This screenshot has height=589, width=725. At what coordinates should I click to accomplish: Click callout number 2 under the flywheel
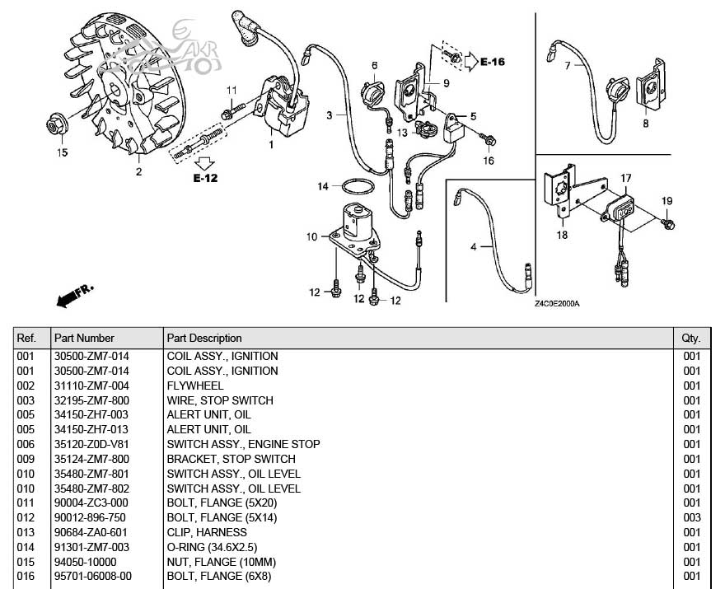pyautogui.click(x=138, y=171)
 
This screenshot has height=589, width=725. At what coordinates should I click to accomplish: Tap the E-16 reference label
pyautogui.click(x=492, y=62)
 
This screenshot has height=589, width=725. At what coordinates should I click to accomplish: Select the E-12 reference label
pyautogui.click(x=205, y=177)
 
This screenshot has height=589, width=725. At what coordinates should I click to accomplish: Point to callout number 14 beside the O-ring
pyautogui.click(x=324, y=187)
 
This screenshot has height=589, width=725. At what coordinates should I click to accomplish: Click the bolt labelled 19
pyautogui.click(x=669, y=222)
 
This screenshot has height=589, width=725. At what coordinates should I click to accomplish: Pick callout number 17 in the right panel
pyautogui.click(x=626, y=178)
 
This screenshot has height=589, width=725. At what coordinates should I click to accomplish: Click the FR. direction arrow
pyautogui.click(x=73, y=296)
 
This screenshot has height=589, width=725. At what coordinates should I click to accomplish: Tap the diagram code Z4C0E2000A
pyautogui.click(x=557, y=303)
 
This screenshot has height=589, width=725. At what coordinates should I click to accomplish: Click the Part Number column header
pyautogui.click(x=84, y=338)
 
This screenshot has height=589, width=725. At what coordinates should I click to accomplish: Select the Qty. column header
pyautogui.click(x=690, y=338)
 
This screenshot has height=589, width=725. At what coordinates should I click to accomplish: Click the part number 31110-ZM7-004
pyautogui.click(x=91, y=386)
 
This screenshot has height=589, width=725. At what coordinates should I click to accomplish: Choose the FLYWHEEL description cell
pyautogui.click(x=195, y=386)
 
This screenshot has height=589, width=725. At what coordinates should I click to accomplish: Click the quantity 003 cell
pyautogui.click(x=691, y=517)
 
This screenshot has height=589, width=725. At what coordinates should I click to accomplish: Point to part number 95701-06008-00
pyautogui.click(x=93, y=576)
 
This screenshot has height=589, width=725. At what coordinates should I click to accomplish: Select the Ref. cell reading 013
pyautogui.click(x=28, y=532)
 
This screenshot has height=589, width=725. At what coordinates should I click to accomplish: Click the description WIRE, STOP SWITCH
pyautogui.click(x=220, y=400)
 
